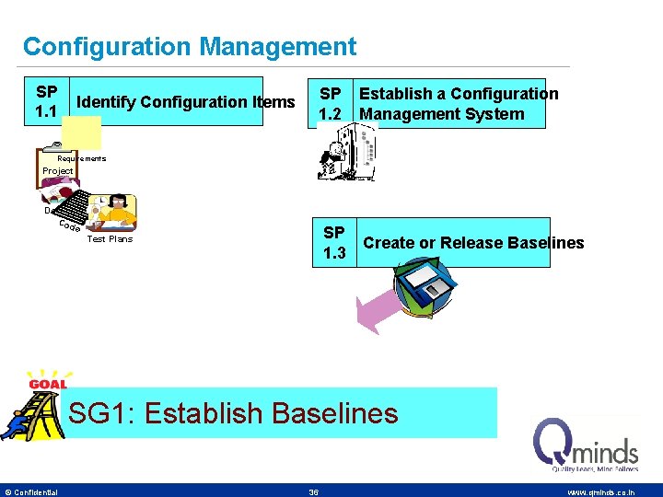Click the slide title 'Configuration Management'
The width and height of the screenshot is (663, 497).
[x=189, y=46]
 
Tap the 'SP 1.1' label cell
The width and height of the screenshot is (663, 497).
[x=46, y=101]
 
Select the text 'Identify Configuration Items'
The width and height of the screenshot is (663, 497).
[x=186, y=102]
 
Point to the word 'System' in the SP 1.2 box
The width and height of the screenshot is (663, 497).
[x=498, y=114]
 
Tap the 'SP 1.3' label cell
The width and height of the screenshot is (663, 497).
[x=334, y=243]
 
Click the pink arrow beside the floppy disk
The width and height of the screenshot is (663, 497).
[x=376, y=309]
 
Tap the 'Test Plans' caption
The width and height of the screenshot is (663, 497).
[x=109, y=239]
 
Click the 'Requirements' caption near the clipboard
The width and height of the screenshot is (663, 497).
[x=82, y=158]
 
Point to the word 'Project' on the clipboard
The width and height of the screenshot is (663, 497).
[x=57, y=171]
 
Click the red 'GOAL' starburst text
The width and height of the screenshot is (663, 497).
[x=47, y=384]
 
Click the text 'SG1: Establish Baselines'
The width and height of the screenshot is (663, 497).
[x=234, y=413]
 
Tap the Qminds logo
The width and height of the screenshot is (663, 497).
[x=587, y=445]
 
